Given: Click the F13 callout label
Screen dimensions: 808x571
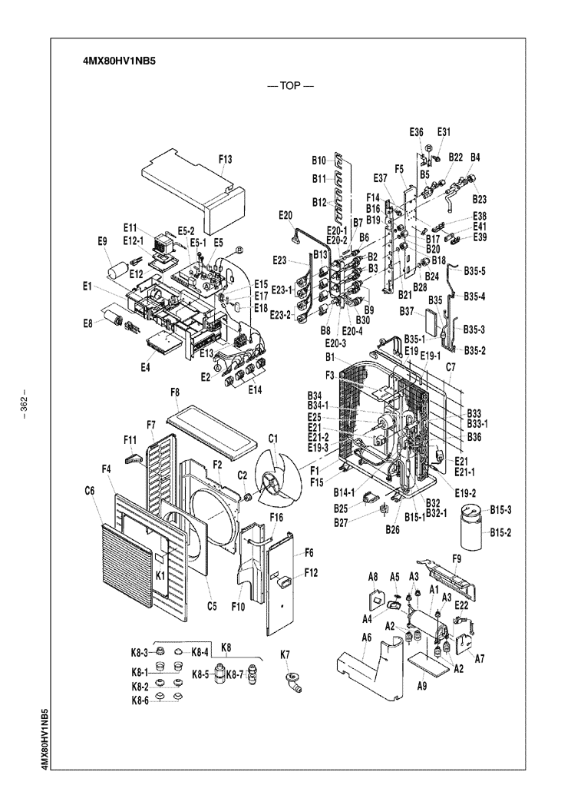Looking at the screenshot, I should coord(226,159).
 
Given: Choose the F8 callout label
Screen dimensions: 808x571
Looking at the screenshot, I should coord(175,392).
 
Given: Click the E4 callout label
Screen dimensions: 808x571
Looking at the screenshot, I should coord(146,367).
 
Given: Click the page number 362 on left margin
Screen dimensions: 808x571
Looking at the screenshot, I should coord(24,403).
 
